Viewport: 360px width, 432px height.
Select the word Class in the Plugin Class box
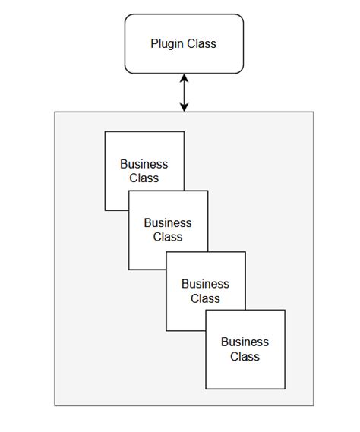201,44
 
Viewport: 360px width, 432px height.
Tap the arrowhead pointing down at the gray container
184,107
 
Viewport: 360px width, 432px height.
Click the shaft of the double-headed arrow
184,93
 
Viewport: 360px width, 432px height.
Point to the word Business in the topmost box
144,164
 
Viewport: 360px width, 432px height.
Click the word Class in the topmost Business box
144,178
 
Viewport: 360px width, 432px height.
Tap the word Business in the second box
168,223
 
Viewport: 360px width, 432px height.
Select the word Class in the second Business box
168,237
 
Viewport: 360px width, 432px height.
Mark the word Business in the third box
205,284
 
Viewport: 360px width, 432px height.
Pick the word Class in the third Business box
205,298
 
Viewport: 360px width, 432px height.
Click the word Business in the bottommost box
245,342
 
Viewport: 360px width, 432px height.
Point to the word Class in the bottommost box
245,357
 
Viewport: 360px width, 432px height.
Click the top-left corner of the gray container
55,112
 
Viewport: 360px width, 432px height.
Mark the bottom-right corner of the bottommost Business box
285,389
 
